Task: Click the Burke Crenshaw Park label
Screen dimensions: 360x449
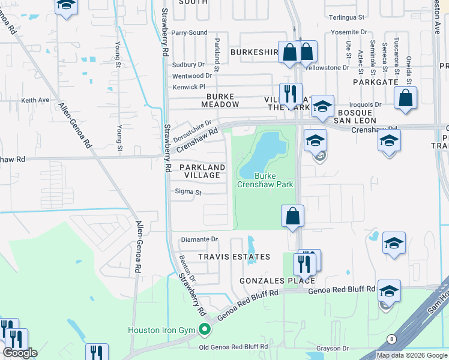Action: (274, 180)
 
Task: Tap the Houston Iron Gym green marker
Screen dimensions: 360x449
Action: (205, 329)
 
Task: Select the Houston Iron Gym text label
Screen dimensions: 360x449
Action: (163, 329)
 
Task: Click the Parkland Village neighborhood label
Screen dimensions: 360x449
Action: (202, 171)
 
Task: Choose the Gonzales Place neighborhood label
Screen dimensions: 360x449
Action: (268, 280)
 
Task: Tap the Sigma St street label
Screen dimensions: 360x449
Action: (188, 193)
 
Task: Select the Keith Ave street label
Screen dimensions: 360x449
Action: (35, 100)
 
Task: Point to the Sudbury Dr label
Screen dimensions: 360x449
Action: (188, 64)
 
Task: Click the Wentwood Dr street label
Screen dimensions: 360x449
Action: (192, 76)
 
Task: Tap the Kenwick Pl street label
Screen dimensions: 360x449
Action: (189, 87)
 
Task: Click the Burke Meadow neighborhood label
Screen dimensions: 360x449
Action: (223, 100)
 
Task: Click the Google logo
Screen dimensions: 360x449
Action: (20, 353)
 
